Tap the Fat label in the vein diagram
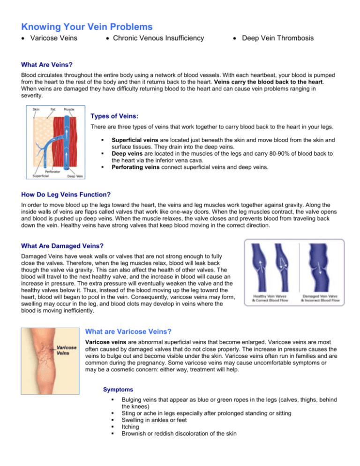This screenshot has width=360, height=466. click(x=53, y=109)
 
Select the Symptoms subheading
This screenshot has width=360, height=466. click(x=106, y=390)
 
